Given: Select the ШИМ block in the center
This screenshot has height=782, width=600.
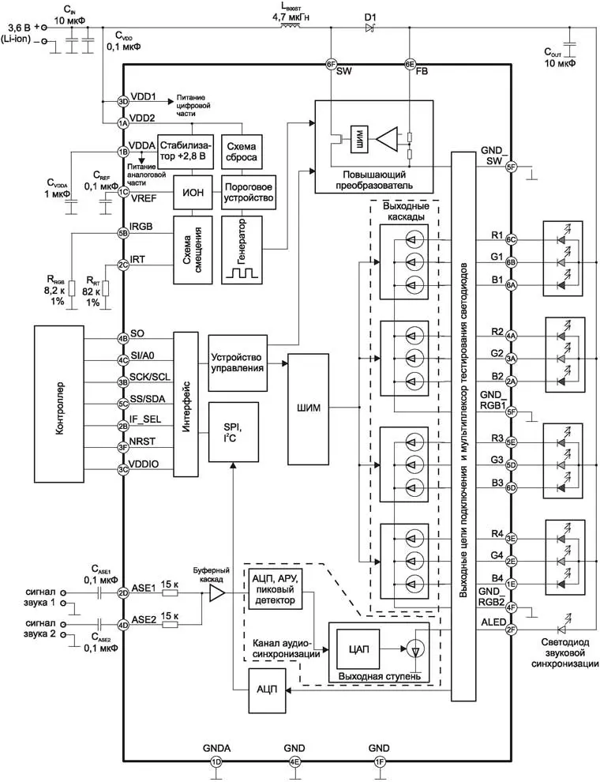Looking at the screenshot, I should coord(309,409).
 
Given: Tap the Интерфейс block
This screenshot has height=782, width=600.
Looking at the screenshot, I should coord(186,403).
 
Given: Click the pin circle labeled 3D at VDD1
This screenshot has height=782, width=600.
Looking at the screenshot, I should coord(123,101).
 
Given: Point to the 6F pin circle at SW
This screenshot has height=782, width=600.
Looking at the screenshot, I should coord(332,65).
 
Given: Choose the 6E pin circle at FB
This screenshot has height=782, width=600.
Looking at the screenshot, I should coord(410,65).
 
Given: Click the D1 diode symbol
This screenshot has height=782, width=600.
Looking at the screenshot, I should coord(369,28).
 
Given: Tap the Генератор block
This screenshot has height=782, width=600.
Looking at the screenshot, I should coord(242,250).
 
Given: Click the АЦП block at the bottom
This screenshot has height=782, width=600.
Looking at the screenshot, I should coord(266,689).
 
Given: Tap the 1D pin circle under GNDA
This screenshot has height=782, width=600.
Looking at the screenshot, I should coord(216,762).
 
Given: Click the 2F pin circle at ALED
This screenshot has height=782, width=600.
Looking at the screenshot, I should coord(512,630).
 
